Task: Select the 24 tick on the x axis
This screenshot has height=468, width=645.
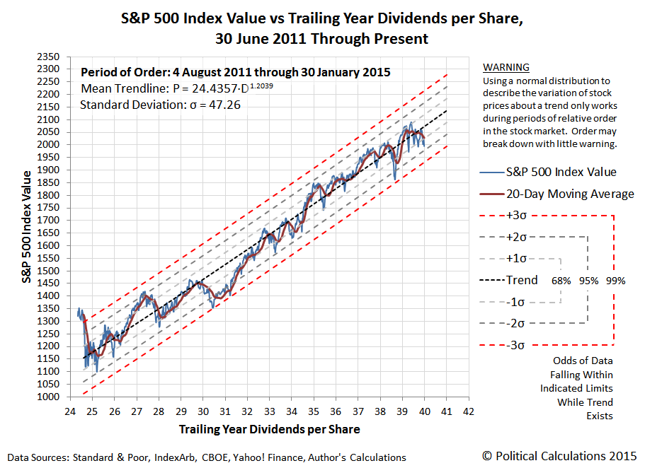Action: [69, 409]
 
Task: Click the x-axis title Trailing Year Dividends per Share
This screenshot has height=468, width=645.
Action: [269, 429]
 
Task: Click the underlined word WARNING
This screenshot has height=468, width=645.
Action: [506, 67]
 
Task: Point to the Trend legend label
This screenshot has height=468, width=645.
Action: [522, 280]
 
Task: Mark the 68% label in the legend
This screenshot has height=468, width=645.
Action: [561, 281]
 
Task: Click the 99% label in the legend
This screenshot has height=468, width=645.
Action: [615, 281]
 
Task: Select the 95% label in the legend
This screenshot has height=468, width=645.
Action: [588, 281]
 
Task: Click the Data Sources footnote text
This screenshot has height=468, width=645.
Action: [206, 457]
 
